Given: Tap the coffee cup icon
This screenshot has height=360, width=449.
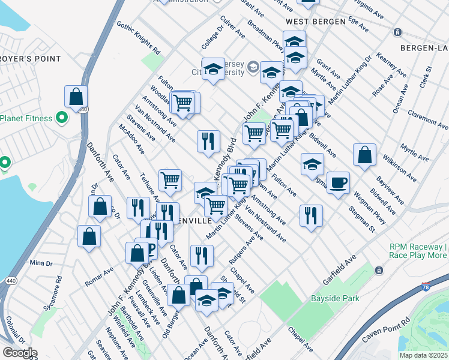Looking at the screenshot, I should pos(338,182).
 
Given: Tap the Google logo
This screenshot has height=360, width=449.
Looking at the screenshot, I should pos(19,353).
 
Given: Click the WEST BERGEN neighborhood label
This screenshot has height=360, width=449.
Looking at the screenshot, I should pos(315,22).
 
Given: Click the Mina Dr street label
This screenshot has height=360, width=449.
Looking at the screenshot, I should pos(41,263).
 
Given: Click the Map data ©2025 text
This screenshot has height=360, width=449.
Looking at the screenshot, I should pos(423,355).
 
